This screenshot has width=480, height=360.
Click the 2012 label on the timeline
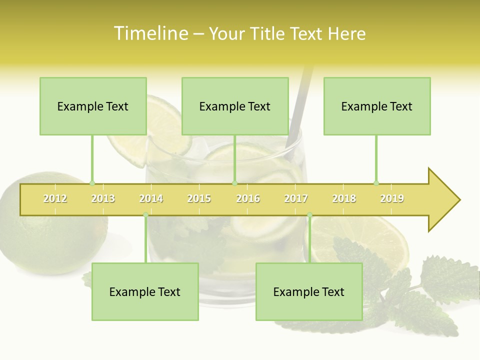(55, 198)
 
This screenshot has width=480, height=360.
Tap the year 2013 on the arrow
(103, 198)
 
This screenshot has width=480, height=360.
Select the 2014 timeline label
(151, 198)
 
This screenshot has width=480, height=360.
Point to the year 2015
(199, 198)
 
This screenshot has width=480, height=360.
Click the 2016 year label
(248, 198)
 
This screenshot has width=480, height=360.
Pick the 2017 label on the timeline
(296, 198)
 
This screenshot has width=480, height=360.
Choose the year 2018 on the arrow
(344, 198)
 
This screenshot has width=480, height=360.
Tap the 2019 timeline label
(392, 198)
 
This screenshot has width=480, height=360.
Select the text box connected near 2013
(93, 106)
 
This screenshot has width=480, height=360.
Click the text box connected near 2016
(235, 106)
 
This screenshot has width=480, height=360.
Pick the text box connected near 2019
(377, 106)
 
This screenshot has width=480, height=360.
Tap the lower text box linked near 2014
(145, 291)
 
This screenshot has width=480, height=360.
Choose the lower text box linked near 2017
(309, 291)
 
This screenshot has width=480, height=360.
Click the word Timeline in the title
(150, 33)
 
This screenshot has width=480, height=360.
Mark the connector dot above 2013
(92, 183)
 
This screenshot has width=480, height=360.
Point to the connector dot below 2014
(145, 215)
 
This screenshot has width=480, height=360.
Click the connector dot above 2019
(376, 183)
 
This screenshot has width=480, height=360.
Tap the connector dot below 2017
(309, 215)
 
